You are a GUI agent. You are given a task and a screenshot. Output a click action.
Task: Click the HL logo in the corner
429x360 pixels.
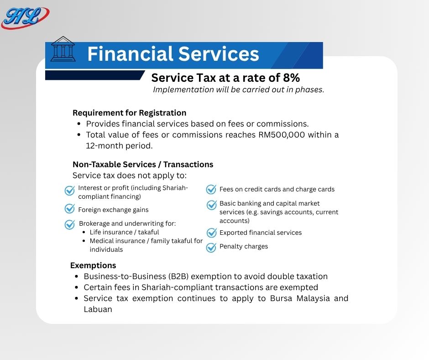coord(25,17)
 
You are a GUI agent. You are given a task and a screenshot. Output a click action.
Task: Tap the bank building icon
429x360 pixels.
coord(63,49)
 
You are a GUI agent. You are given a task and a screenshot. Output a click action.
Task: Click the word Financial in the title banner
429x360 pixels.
coord(131,54)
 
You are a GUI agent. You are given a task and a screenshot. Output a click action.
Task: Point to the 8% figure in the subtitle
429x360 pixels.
coord(291,78)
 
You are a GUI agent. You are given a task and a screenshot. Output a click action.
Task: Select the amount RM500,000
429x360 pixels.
coord(282,135)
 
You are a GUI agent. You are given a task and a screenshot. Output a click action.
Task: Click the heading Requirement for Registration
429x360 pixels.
coord(130,113)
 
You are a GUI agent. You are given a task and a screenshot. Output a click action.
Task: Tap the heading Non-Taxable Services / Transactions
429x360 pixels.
coord(143,164)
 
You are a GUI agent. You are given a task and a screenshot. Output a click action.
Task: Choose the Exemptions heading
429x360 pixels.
coord(93,265)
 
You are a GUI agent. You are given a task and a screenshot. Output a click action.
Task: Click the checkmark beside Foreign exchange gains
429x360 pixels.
coord(70,208)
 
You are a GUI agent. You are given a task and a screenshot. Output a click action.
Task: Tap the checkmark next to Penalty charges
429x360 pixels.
coord(211,248)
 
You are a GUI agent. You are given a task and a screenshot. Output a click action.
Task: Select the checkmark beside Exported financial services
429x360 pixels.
coord(211,233)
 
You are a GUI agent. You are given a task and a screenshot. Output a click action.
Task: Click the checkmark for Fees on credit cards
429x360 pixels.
coord(211,189)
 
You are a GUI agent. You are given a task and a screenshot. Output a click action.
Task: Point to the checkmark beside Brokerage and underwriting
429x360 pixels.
coord(70,224)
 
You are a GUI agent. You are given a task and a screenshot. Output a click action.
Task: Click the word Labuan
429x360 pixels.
coord(98,309)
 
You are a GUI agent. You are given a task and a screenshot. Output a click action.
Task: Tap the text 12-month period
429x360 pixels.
coord(119,146)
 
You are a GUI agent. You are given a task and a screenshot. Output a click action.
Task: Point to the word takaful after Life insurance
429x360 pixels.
coord(148,233)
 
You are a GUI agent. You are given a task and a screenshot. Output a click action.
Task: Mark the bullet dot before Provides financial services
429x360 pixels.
coord(79,124)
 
